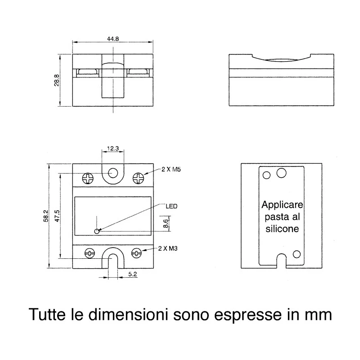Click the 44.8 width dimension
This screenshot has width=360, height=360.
point(113,39)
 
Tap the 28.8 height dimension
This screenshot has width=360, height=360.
point(57,80)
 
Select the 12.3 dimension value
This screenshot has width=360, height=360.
point(113,148)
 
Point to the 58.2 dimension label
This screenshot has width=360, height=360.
point(46,216)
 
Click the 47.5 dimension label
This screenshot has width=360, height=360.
point(57,216)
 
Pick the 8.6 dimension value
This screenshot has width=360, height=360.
point(166,223)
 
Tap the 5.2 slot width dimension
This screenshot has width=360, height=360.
point(132,274)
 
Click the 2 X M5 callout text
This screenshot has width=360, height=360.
point(171,170)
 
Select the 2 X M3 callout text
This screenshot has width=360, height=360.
point(168,248)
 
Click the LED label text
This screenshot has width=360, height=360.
point(171,206)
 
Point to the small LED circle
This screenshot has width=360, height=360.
point(97,231)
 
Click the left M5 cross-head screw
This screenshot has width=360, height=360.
point(88,178)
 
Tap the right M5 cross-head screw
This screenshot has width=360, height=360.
point(139,178)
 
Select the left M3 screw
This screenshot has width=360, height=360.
point(90,253)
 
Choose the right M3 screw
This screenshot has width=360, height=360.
point(136,253)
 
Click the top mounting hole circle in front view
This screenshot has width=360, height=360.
point(113,173)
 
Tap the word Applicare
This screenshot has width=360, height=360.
point(282,205)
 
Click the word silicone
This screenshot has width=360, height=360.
point(282,229)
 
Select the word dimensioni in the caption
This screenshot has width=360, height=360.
point(128,314)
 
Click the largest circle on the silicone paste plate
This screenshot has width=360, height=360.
point(282,173)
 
